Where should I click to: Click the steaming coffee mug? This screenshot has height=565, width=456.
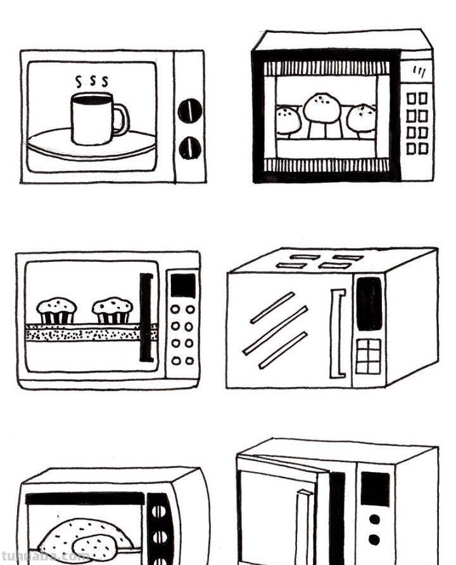92,118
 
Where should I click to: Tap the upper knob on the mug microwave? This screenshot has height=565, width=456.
189,111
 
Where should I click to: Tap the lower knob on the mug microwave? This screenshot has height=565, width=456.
189,148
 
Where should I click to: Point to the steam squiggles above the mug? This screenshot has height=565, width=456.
91,82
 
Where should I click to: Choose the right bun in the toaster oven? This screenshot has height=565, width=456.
362,119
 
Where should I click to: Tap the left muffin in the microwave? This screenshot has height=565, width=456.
56,310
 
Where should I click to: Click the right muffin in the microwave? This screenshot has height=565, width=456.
112,310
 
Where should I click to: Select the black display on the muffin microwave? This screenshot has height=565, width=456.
183,285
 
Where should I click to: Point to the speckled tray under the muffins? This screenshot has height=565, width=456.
89,333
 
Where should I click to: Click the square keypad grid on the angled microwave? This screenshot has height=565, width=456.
368,356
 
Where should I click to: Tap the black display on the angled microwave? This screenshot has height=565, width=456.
369,304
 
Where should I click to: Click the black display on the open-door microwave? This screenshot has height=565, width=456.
375,488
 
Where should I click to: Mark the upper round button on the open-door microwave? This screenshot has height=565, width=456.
374,519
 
